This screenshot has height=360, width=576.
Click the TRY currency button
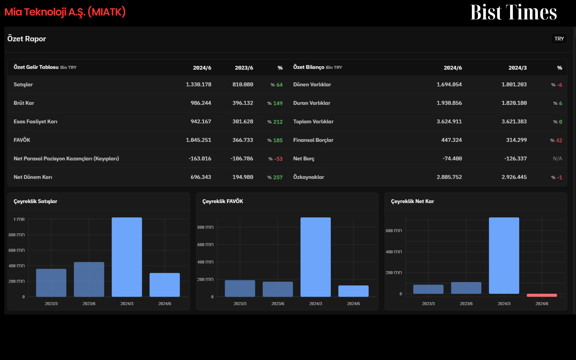coord(559,39)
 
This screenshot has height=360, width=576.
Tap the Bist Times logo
coord(513,12)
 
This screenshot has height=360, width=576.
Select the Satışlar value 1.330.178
coord(198,85)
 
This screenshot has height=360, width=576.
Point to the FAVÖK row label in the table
coord(22,140)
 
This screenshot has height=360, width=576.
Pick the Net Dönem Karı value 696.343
coord(201,177)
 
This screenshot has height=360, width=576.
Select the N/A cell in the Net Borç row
coord(558,159)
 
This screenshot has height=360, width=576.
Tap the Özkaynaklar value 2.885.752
coord(449,177)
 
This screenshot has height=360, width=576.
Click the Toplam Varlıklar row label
coord(313,122)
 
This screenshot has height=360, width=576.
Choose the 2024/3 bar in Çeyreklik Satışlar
coord(127,257)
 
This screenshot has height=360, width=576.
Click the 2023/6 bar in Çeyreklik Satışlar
coord(89,279)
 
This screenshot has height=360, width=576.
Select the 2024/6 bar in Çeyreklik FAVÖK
coord(353,291)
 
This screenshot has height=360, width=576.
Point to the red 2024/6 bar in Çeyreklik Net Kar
coord(542,295)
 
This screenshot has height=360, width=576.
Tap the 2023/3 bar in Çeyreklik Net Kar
coord(428,289)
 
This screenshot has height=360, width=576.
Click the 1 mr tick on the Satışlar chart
coord(19,219)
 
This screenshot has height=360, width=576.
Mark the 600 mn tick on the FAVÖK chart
coord(205,244)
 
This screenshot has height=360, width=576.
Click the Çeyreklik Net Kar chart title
coord(413,201)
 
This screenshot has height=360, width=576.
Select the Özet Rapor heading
coord(27,39)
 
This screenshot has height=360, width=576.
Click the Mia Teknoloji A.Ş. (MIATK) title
coord(65,12)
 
